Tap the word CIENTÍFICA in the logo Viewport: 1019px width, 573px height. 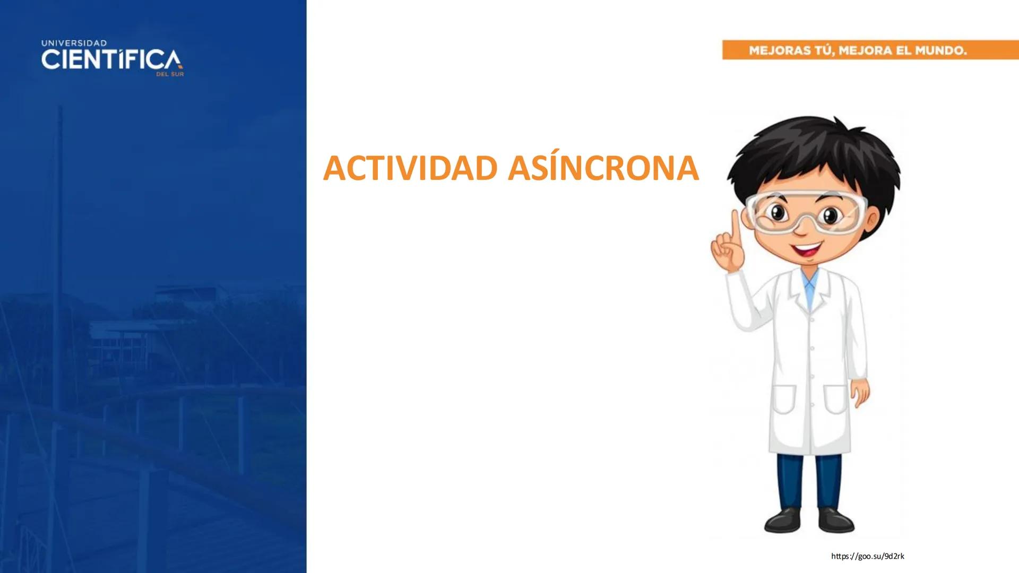[111, 60]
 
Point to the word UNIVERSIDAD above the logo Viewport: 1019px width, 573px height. [74, 43]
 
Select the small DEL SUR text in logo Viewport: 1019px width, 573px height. [170, 75]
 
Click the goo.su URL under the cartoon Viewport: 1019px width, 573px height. [867, 556]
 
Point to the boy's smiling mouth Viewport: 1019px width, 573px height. [806, 249]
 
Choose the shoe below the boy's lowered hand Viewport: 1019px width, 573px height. [836, 519]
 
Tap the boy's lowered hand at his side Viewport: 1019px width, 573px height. [859, 393]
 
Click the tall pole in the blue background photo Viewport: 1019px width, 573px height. [59, 212]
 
